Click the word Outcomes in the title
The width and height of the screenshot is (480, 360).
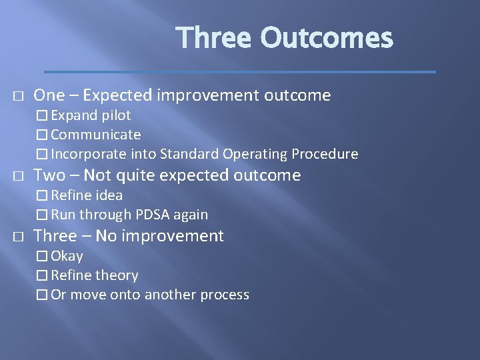[x=327, y=38]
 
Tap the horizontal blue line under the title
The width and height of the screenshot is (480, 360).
[x=240, y=71]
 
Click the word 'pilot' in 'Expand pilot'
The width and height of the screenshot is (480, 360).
[x=116, y=115]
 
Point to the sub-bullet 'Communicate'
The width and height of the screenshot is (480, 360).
[x=95, y=135]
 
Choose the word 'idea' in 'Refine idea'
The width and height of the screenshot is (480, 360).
[x=109, y=195]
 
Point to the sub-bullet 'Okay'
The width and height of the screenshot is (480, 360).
[x=67, y=256]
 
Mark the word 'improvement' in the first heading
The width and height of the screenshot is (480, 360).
[x=207, y=95]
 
